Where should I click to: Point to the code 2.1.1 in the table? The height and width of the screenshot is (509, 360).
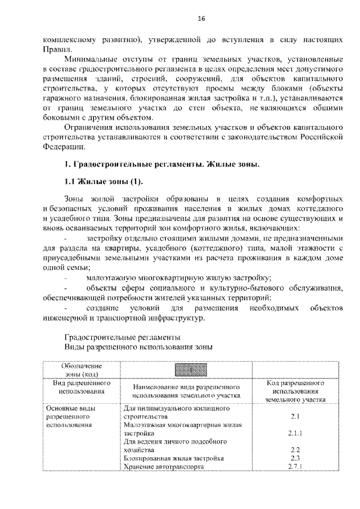(x=296, y=434)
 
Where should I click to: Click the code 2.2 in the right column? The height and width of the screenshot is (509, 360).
(x=296, y=450)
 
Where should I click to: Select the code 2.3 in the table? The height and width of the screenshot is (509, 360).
(x=296, y=458)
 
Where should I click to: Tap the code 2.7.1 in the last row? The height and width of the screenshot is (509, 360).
(x=296, y=467)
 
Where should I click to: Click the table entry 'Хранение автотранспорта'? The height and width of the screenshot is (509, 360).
(x=163, y=467)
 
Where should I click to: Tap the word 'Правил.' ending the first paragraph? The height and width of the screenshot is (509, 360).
(x=57, y=49)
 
